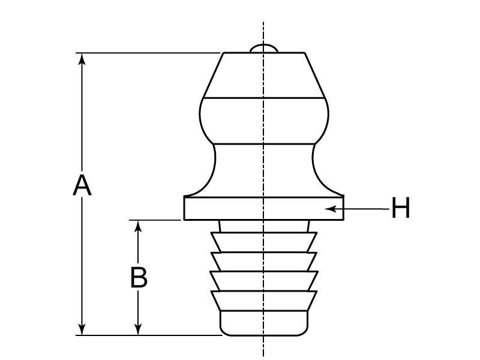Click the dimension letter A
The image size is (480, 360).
(82, 185)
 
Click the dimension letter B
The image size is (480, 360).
(139, 277)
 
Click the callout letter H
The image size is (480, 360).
(400, 209)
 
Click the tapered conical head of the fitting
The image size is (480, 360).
(264, 75)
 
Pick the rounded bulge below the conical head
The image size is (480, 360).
(264, 120)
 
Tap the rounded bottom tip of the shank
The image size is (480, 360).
(264, 324)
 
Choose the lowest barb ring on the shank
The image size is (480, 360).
(264, 300)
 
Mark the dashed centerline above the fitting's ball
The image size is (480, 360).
(263, 30)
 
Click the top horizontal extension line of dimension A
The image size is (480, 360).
(150, 53)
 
